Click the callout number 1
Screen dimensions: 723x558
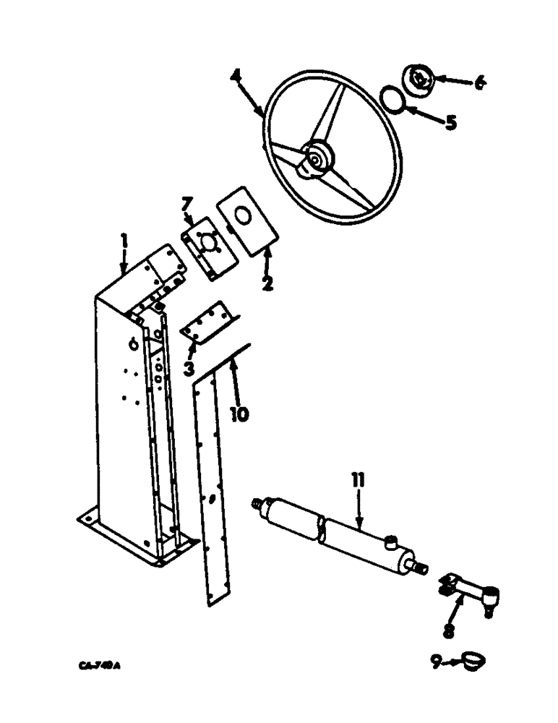tap(124, 241)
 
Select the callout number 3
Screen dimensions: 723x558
tap(188, 368)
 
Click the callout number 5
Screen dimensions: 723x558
tap(450, 122)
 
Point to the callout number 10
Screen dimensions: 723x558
tap(239, 413)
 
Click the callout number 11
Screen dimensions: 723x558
tap(359, 480)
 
